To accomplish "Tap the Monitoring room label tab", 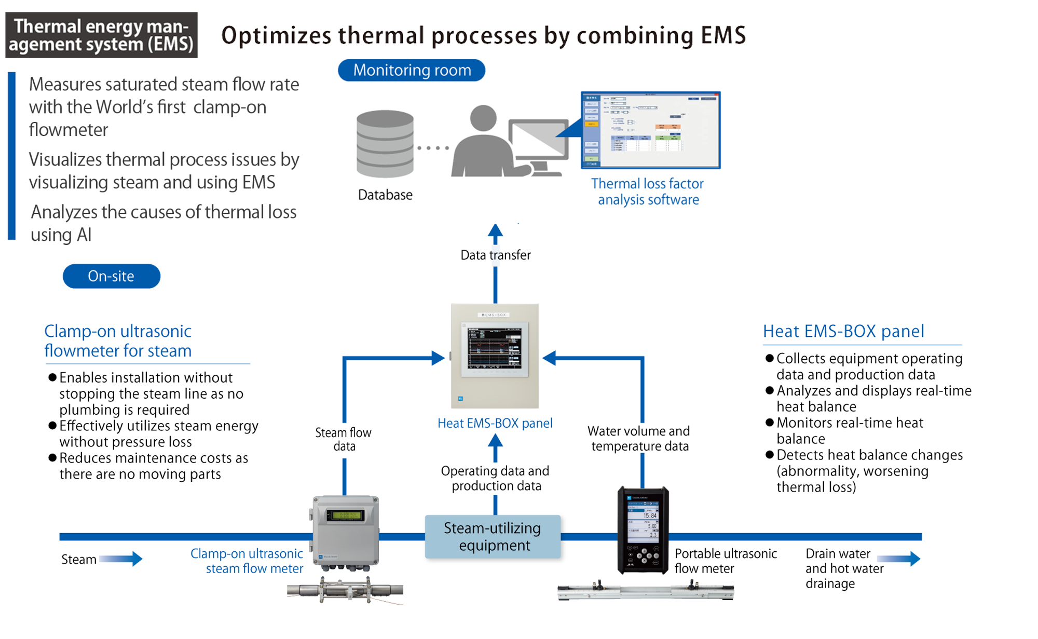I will coord(412,70).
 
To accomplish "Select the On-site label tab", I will coord(111,276).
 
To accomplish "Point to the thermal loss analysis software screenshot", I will coord(651,130).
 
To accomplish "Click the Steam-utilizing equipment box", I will coord(493,537).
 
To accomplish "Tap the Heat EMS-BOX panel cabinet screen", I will coord(495,349).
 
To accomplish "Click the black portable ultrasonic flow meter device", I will coord(643,529).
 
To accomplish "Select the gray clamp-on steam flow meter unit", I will coord(346,531).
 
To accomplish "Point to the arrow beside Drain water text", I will coord(899,559).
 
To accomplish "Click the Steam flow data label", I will coord(344,439).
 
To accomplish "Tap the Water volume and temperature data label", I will coord(639,439).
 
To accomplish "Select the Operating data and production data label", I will coord(495,478).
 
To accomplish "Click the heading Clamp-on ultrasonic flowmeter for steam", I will coord(118,341).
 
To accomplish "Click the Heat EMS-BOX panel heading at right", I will coord(843,331).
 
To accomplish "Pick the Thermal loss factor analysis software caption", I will coord(648,192).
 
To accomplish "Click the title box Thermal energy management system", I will coord(101,35).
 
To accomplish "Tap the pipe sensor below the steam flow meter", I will coord(345,590).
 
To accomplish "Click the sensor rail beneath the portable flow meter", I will coord(646,591).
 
